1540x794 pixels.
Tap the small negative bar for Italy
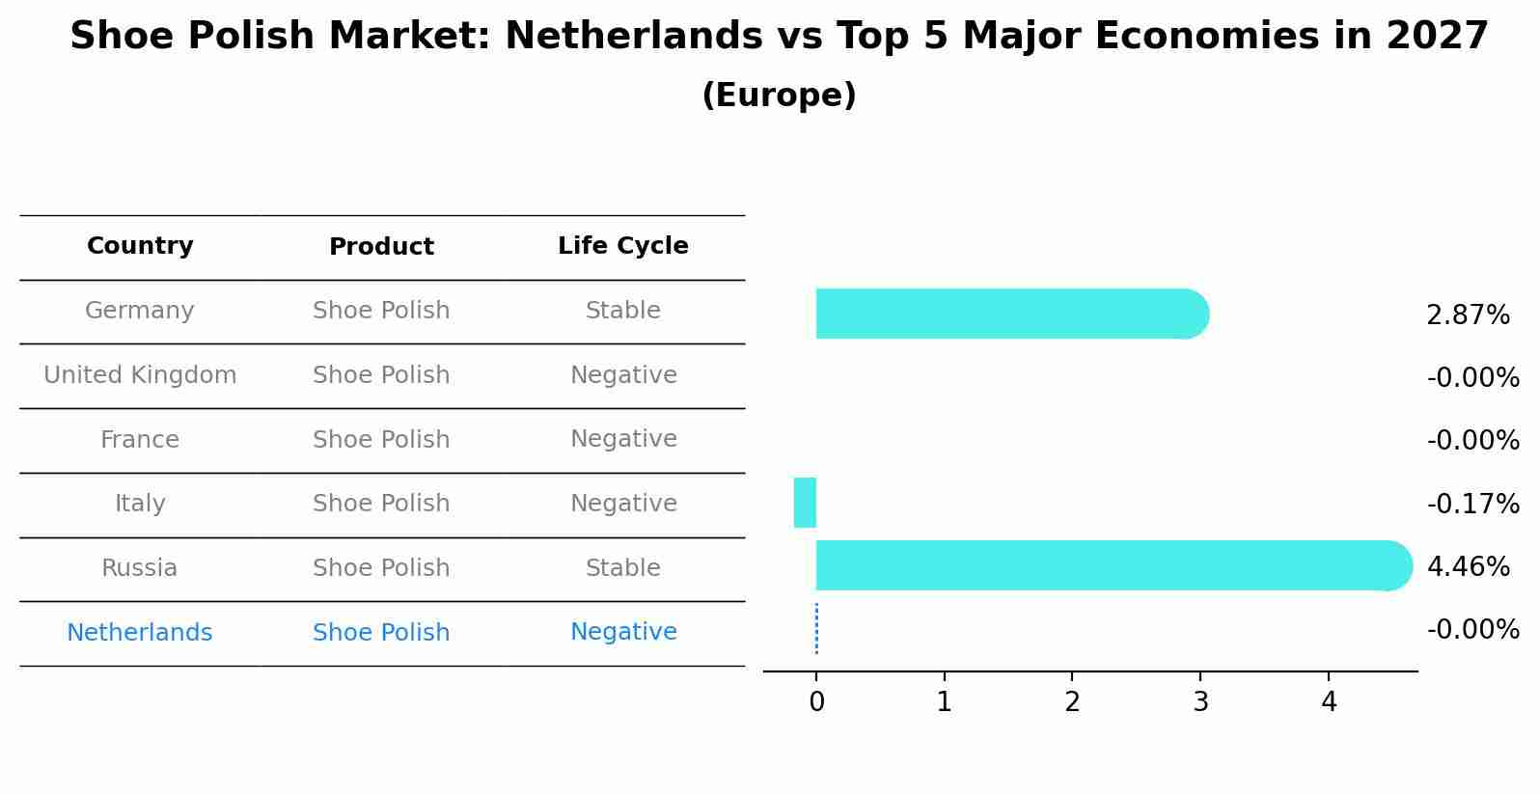click(x=805, y=503)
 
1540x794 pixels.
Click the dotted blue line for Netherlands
click(x=816, y=629)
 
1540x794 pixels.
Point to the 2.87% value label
click(x=1467, y=315)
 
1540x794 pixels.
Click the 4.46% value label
click(x=1467, y=566)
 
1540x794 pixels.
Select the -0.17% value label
click(x=1472, y=504)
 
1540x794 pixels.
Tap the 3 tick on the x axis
click(x=1200, y=702)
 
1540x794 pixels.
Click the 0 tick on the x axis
click(x=816, y=702)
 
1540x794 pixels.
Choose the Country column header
click(x=140, y=246)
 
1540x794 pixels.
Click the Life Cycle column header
click(x=622, y=246)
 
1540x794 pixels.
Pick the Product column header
click(x=381, y=247)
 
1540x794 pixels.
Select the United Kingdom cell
click(x=140, y=375)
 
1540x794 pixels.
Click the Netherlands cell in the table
click(x=140, y=633)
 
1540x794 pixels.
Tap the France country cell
click(x=140, y=440)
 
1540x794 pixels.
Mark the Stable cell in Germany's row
click(x=622, y=311)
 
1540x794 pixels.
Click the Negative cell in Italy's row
click(x=622, y=504)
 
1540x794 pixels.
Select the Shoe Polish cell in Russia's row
click(x=381, y=568)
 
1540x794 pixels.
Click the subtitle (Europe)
click(x=779, y=96)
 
